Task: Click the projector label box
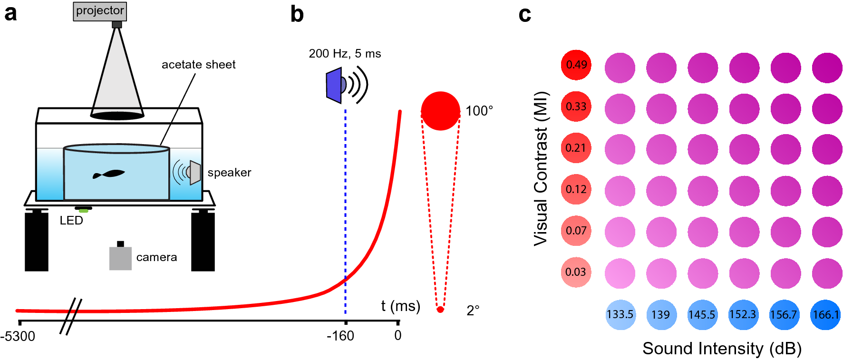coord(100,11)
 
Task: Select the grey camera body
coord(120,258)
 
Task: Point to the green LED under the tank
coord(83,210)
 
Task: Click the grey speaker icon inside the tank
coord(194,172)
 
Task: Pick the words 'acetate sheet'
coord(198,65)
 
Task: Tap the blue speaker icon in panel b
coord(335,86)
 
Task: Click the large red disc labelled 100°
coord(440,111)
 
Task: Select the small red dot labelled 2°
coord(440,310)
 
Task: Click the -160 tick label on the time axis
coord(340,336)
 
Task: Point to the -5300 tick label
coord(18,336)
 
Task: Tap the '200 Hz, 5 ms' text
coord(345,54)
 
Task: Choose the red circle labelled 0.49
coord(576,65)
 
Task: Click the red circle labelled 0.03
coord(576,272)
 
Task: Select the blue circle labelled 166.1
coord(825,314)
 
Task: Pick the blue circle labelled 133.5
coord(620,314)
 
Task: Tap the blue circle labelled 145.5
coord(702,314)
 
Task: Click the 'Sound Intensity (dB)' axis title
coord(722,349)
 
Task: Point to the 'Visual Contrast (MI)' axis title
coord(541,168)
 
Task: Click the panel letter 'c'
coord(524,14)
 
